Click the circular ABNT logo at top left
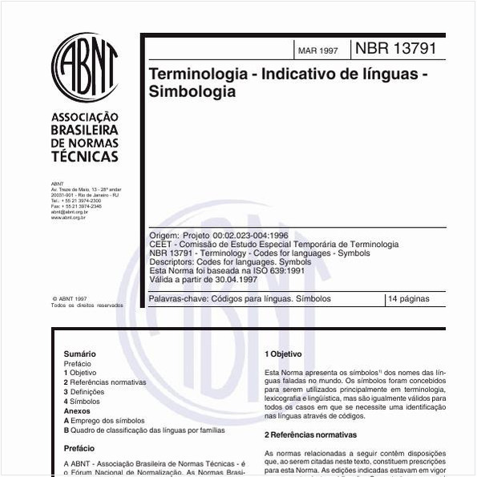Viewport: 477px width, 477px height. [x=84, y=67]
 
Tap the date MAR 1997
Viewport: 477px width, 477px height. [x=318, y=51]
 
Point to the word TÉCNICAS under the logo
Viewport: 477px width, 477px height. [x=84, y=156]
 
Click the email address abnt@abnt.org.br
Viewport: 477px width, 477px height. [x=69, y=212]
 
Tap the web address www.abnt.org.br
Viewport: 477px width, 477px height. [x=68, y=217]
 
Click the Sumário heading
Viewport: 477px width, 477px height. [x=79, y=354]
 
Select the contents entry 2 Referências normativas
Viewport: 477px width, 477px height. [x=105, y=382]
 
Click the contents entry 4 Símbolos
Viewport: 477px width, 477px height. [x=83, y=402]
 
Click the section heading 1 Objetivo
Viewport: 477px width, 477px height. [x=283, y=354]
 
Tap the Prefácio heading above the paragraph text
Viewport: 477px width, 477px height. [x=79, y=449]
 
